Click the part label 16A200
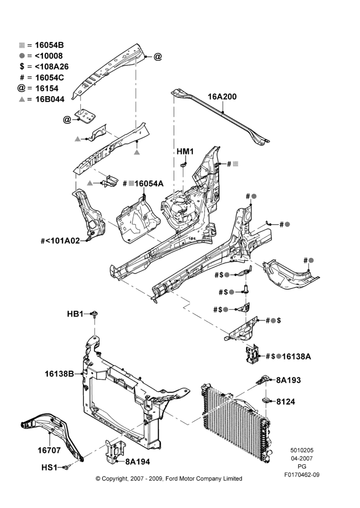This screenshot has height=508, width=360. point(222,97)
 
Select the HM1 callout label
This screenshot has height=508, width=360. point(185,151)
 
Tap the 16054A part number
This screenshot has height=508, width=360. point(149,184)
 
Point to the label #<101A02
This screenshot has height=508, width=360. point(60,241)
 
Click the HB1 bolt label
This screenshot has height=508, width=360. point(75,314)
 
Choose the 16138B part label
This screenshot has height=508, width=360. point(59,374)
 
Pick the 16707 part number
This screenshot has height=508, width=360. point(49,450)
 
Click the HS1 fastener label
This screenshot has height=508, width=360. point(49,467)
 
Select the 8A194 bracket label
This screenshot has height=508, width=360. point(137,462)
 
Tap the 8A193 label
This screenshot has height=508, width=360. point(288,380)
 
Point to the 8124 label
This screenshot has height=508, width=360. point(286,402)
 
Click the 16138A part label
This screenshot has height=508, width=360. point(296,357)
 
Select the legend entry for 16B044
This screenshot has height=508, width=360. point(42,99)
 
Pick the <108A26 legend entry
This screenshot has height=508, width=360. point(44,67)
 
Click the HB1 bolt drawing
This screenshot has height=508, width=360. point(95,314)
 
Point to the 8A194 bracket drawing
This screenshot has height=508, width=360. point(114,452)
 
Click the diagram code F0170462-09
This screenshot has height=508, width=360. point(302,475)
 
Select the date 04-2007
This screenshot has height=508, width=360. point(302,458)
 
